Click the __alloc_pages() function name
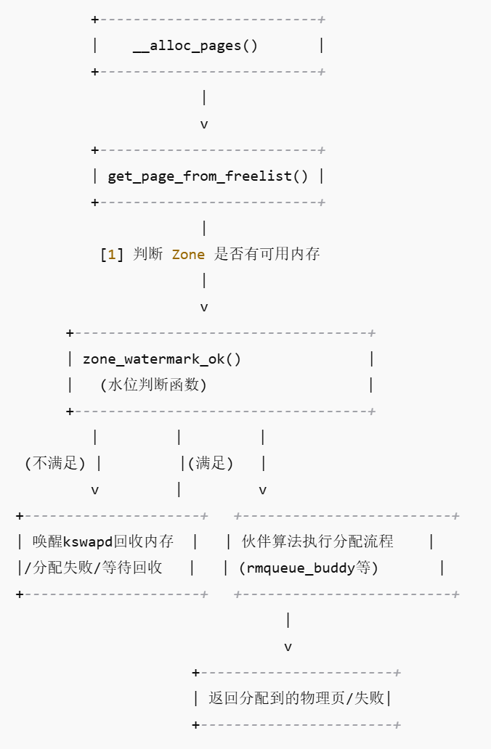click(195, 46)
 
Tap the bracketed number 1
click(112, 254)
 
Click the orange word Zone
click(188, 254)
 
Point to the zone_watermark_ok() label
click(162, 359)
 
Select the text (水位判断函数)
click(153, 385)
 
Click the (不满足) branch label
click(55, 463)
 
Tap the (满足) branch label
click(211, 463)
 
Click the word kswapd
click(89, 541)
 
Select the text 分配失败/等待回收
click(93, 568)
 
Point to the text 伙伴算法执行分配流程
click(317, 541)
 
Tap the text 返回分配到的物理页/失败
click(296, 698)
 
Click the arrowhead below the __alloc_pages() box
click(204, 124)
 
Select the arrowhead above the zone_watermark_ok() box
click(204, 307)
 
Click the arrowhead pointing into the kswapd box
click(95, 490)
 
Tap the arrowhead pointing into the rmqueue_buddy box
click(262, 490)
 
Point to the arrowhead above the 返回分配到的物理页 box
click(288, 647)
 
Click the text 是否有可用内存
click(267, 254)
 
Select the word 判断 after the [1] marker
click(148, 254)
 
